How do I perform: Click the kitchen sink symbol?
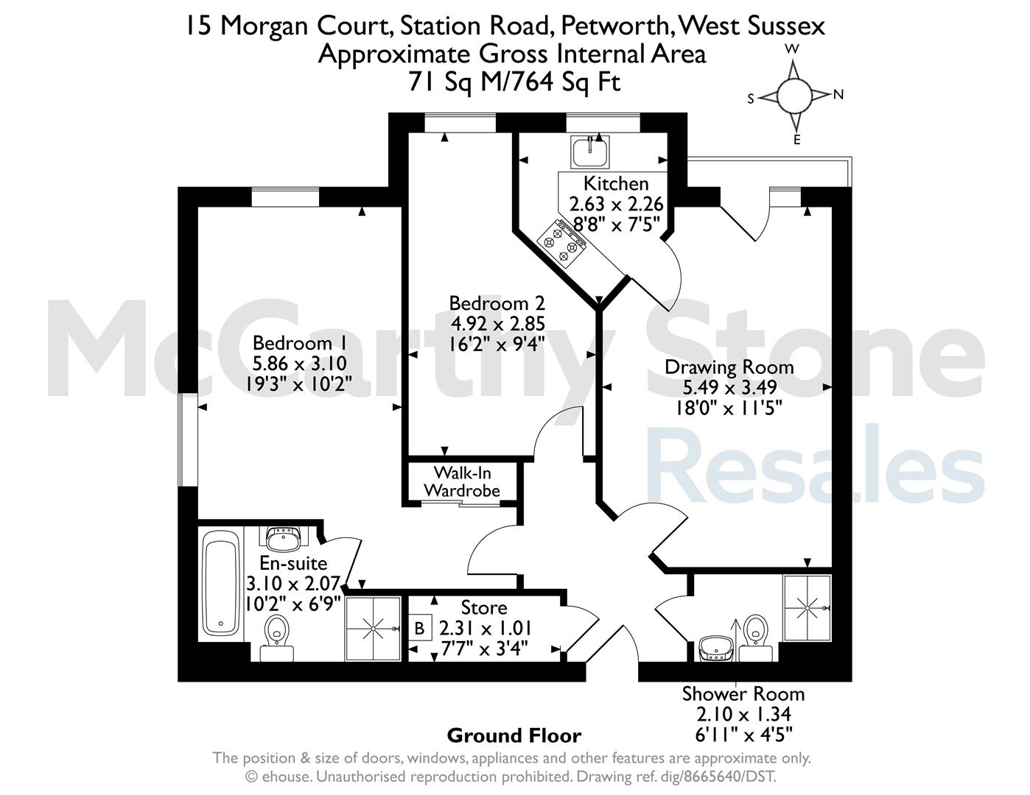(x=590, y=152)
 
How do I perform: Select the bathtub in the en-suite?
(x=220, y=582)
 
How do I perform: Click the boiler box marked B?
(x=419, y=629)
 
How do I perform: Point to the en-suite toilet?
(x=276, y=637)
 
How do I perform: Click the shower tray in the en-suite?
(x=373, y=629)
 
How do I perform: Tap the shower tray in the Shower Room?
(x=807, y=608)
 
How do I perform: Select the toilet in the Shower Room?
(x=756, y=637)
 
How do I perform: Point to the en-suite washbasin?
(x=283, y=538)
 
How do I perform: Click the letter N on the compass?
(x=838, y=95)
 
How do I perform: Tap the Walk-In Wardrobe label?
(x=462, y=481)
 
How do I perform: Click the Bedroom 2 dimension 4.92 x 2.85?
(x=497, y=324)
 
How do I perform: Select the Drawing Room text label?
(x=729, y=367)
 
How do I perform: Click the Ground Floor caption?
(x=514, y=736)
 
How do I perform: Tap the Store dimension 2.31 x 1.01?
(x=486, y=629)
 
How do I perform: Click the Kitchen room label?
(x=616, y=183)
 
